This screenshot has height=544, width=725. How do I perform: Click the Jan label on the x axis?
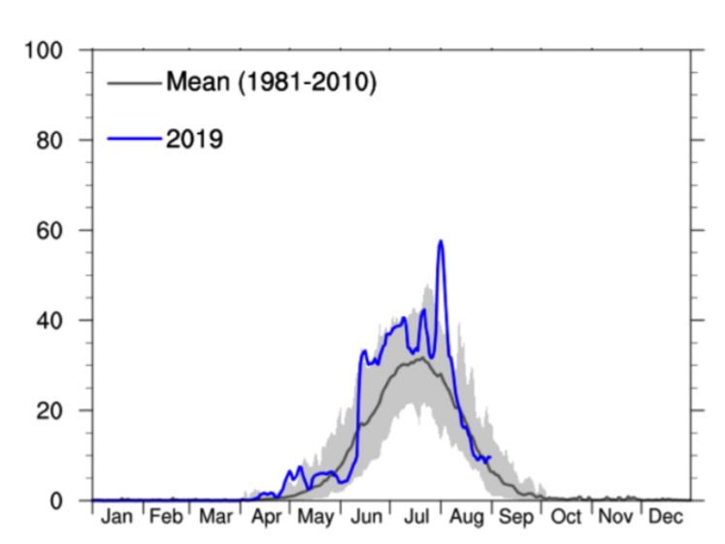pyautogui.click(x=116, y=517)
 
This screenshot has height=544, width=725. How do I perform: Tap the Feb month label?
pyautogui.click(x=166, y=517)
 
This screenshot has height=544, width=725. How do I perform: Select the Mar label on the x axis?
pyautogui.click(x=215, y=517)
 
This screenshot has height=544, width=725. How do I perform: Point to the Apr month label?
pyautogui.click(x=266, y=517)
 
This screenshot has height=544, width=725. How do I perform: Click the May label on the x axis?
pyautogui.click(x=315, y=517)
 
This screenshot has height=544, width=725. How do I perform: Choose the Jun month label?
pyautogui.click(x=366, y=517)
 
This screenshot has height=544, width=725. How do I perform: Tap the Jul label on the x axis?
pyautogui.click(x=416, y=517)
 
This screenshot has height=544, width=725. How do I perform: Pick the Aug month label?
pyautogui.click(x=467, y=517)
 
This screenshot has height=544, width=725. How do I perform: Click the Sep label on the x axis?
pyautogui.click(x=516, y=517)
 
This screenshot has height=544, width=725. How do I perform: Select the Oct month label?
pyautogui.click(x=567, y=517)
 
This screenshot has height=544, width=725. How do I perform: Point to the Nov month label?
pyautogui.click(x=616, y=517)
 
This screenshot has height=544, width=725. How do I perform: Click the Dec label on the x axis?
pyautogui.click(x=666, y=517)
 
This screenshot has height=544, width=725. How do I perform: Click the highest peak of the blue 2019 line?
pyautogui.click(x=441, y=241)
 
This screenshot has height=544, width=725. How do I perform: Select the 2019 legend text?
pyautogui.click(x=195, y=139)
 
